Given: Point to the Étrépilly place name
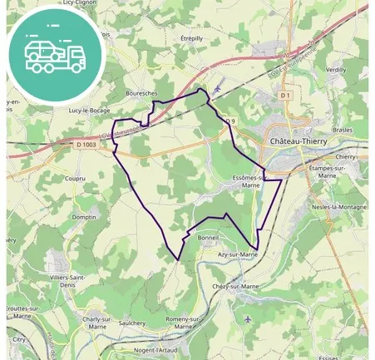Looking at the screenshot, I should (x=191, y=38).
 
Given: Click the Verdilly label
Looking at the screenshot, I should (x=336, y=70).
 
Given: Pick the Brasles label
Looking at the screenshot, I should (x=342, y=130).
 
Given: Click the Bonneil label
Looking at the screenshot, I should (x=208, y=237).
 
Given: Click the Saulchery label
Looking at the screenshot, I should (x=132, y=323).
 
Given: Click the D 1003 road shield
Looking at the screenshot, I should (x=86, y=144).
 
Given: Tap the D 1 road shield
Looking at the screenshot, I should (x=285, y=96).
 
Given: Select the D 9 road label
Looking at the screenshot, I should (x=230, y=121).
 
